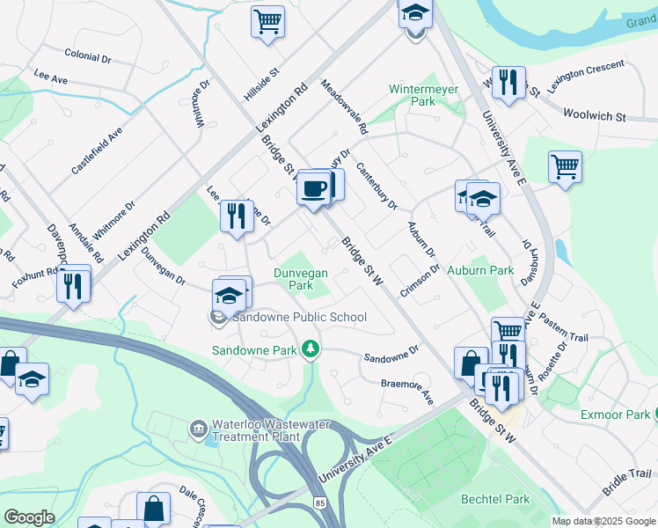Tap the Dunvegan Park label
(301, 279)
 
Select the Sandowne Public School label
(299, 317)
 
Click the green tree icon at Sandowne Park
(310, 350)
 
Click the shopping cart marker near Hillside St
(268, 21)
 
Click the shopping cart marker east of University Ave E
(565, 167)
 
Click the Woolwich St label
(594, 115)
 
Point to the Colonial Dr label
(87, 55)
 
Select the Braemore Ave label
(407, 391)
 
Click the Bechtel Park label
(495, 499)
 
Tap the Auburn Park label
(480, 270)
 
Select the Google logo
(29, 517)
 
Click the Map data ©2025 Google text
(603, 521)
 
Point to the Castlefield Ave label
(97, 150)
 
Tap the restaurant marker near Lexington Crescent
(508, 84)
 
